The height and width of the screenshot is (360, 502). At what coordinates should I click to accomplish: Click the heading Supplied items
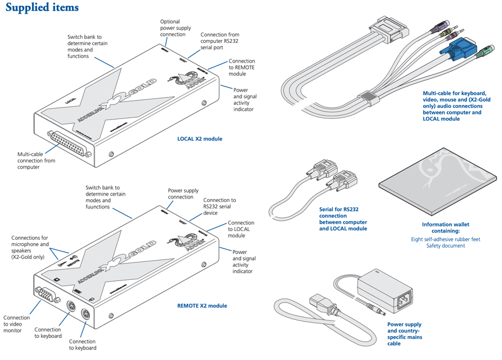pos(41,8)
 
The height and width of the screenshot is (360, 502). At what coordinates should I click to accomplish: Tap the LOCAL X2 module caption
pos(200,139)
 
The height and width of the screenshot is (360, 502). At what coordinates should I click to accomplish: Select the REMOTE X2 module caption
pos(202,305)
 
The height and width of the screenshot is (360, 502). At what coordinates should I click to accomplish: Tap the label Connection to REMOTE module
pos(241,67)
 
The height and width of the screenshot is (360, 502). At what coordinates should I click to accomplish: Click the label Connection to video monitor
pos(17,324)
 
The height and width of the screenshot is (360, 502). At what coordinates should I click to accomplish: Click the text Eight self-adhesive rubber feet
pos(445,239)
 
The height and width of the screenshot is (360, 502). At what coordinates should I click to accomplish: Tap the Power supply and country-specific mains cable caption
pos(405,334)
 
